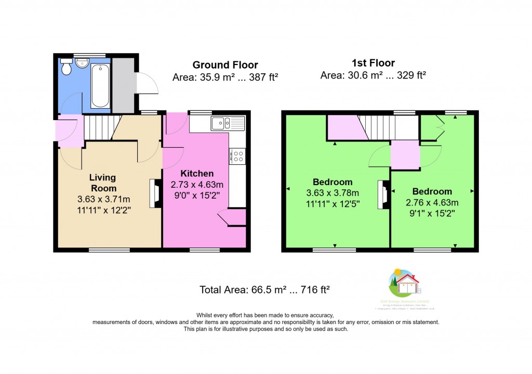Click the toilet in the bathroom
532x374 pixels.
click(x=66, y=68)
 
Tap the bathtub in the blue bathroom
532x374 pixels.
click(x=100, y=86)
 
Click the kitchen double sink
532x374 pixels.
click(x=228, y=123)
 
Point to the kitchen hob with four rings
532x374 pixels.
click(x=237, y=156)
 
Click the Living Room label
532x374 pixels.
click(x=103, y=183)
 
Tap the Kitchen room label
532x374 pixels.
click(x=197, y=174)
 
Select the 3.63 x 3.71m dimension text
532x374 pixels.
click(x=103, y=199)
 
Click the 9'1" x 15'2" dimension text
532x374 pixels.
click(x=432, y=212)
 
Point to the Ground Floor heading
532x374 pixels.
click(x=225, y=65)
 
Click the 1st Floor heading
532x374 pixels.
click(x=373, y=63)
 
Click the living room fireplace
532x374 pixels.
click(x=154, y=194)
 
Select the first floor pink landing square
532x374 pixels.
click(x=405, y=155)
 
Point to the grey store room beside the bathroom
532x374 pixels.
click(x=123, y=86)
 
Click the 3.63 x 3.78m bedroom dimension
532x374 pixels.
click(x=332, y=193)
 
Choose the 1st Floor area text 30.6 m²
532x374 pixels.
click(x=373, y=75)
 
